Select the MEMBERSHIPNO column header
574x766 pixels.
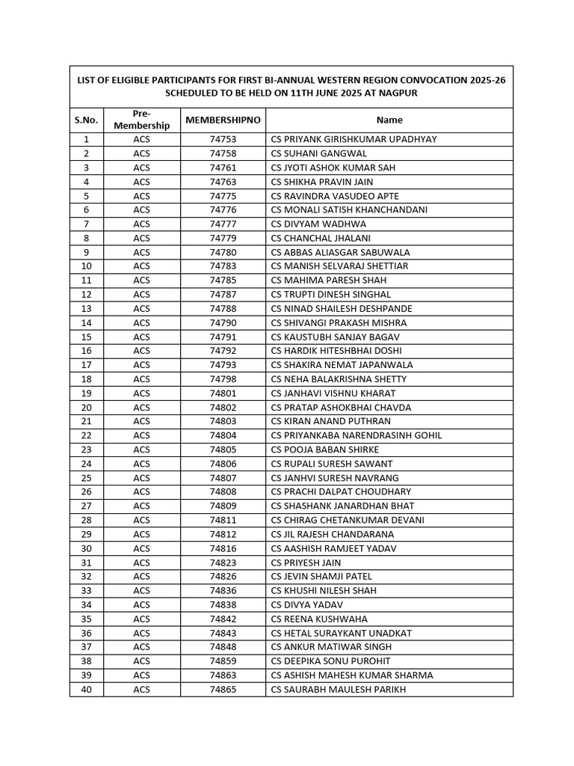click(x=223, y=120)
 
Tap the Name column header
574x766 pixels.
click(x=389, y=120)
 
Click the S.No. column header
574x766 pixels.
click(x=86, y=120)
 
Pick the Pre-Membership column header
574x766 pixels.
click(x=142, y=120)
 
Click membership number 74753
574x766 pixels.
click(x=223, y=139)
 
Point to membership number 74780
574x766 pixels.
click(x=223, y=252)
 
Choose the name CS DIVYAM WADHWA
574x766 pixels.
click(x=330, y=224)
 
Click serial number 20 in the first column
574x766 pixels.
click(x=86, y=408)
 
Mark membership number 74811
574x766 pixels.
click(x=223, y=520)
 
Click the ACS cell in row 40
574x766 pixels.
click(x=142, y=689)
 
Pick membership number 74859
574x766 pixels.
click(x=223, y=661)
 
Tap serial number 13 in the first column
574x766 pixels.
click(x=86, y=308)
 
